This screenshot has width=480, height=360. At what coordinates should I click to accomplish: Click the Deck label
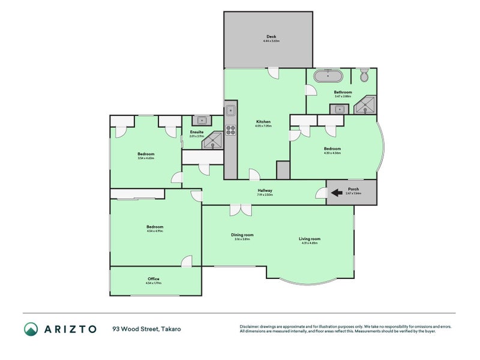click(271, 37)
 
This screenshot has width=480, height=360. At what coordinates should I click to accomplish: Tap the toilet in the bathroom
click(364, 76)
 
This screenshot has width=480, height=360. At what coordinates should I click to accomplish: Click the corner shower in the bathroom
click(364, 107)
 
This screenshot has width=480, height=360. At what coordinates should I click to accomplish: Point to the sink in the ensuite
click(202, 119)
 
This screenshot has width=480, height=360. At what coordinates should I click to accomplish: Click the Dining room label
click(242, 235)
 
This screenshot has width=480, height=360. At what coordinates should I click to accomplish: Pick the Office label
click(154, 279)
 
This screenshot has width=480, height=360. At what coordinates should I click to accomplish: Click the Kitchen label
click(263, 122)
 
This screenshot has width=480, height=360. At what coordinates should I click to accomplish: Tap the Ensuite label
click(197, 132)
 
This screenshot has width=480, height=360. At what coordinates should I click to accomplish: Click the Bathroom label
click(343, 92)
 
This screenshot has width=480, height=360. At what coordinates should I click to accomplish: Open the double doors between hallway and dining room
click(241, 210)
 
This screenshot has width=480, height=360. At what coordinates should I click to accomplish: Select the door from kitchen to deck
click(274, 73)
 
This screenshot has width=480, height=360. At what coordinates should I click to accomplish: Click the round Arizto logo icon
click(31, 329)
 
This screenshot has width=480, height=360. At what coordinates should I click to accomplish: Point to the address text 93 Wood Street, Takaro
click(146, 329)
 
